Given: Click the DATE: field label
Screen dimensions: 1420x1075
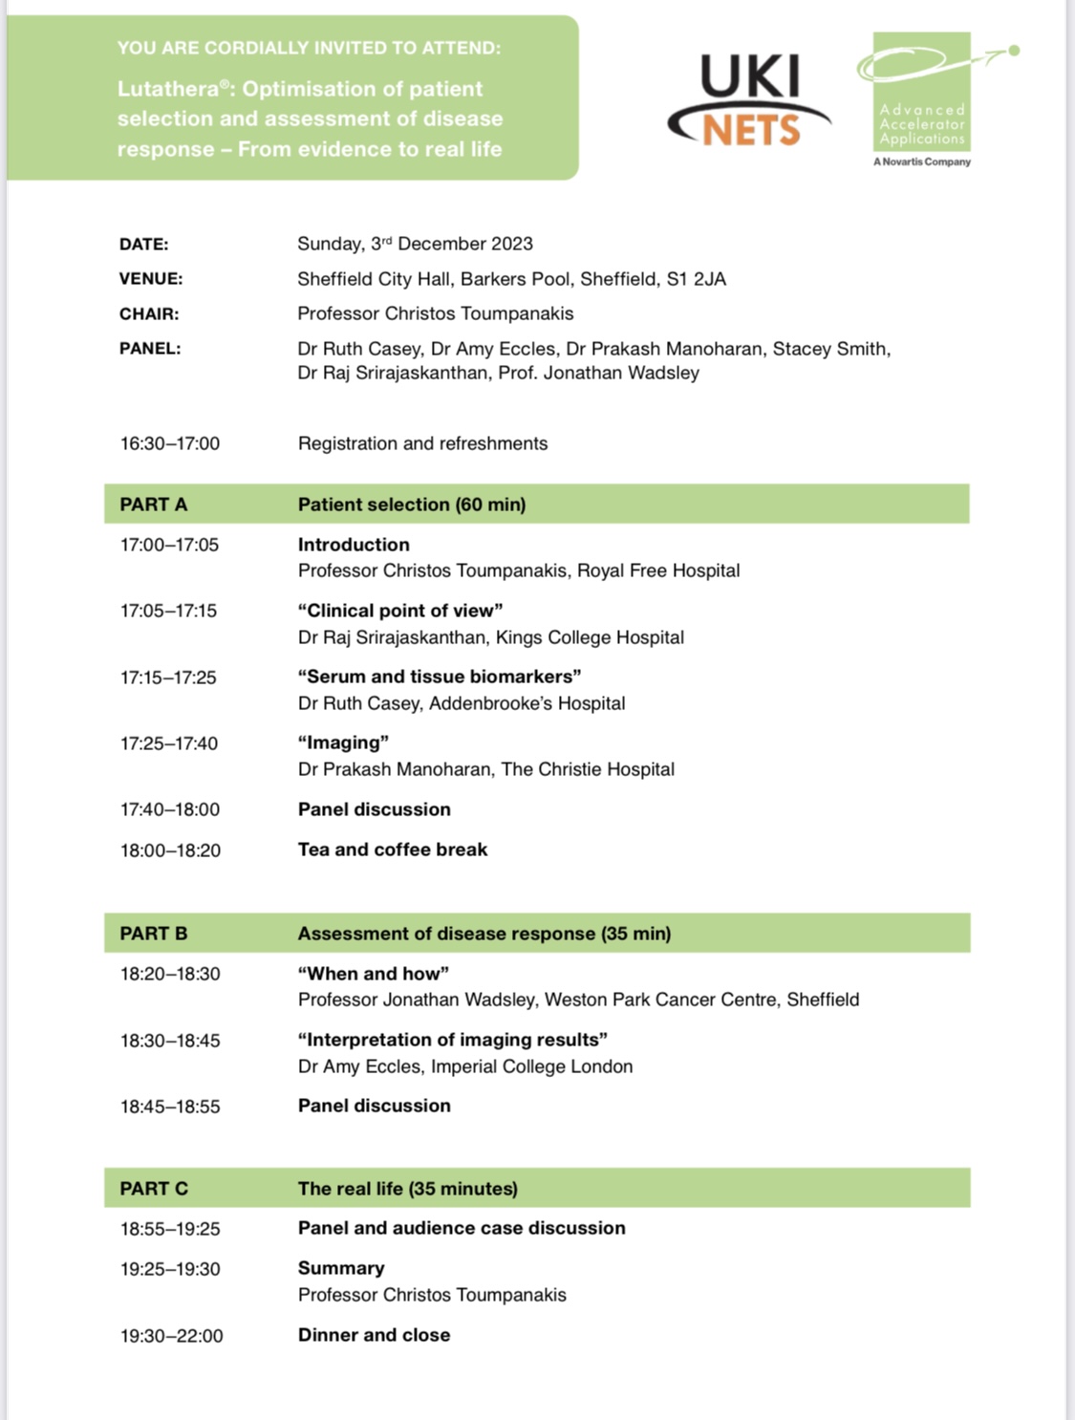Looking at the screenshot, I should click(x=143, y=245).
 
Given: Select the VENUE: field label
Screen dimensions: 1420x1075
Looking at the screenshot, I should click(x=151, y=279).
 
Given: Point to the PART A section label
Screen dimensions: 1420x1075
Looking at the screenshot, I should click(x=154, y=505).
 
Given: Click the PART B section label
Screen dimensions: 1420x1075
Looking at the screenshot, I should click(x=154, y=934).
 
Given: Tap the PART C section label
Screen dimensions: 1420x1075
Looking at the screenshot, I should click(x=154, y=1189).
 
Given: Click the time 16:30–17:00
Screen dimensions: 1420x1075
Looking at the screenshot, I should click(x=170, y=443).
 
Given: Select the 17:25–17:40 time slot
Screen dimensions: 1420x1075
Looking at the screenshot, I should click(x=169, y=743).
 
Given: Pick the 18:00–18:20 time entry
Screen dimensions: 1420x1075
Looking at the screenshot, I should click(x=170, y=850).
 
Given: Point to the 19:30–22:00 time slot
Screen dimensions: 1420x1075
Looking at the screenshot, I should click(x=172, y=1336).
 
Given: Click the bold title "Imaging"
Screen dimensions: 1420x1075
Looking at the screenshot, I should click(x=343, y=742).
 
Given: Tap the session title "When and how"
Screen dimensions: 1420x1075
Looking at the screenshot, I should click(x=374, y=974).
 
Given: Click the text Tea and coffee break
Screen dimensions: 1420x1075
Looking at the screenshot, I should click(x=393, y=850).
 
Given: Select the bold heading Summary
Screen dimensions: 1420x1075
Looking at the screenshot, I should click(x=341, y=1268).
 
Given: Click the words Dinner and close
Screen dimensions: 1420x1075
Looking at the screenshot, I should click(x=374, y=1335).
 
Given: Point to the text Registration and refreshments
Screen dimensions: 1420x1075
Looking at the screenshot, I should click(x=422, y=443).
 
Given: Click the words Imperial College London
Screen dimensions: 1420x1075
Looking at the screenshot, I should click(x=531, y=1066).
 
